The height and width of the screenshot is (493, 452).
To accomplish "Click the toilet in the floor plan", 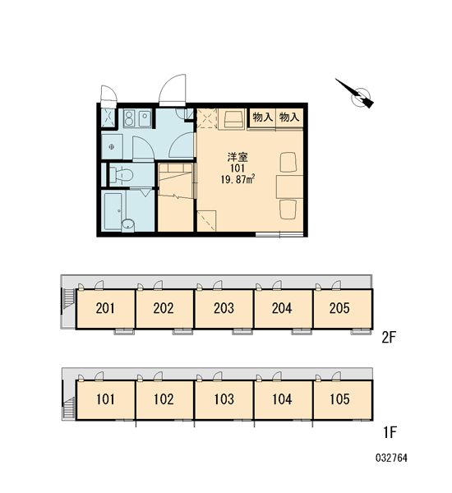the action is [121, 175].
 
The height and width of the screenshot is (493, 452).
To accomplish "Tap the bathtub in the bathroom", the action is [113, 211].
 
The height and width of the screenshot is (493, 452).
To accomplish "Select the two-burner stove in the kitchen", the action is [129, 117].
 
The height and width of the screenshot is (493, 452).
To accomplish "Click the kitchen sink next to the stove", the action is [145, 117].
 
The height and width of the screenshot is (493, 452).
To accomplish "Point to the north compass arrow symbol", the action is [354, 94].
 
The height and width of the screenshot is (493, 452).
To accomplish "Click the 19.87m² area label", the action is [238, 180].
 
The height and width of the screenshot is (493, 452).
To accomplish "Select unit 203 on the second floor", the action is [224, 308].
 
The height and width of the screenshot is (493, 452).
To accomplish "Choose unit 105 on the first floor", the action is [339, 399].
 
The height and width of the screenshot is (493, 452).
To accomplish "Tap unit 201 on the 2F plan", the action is [105, 308].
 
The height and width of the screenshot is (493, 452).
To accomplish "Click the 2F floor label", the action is [388, 338].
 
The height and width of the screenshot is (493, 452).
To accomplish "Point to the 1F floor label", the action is [390, 432].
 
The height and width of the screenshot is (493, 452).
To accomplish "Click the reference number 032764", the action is [391, 458].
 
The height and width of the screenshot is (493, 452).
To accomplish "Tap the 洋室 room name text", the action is [238, 157].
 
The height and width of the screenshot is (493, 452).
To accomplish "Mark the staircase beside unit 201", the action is [69, 302].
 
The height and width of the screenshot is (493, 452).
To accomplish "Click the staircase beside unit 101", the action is [69, 408].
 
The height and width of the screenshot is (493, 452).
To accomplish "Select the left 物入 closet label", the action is [262, 117].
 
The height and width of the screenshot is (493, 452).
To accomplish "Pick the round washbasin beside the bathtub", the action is [128, 223].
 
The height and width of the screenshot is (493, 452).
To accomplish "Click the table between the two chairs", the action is [290, 187].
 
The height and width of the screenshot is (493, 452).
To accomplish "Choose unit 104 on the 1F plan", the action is [282, 399].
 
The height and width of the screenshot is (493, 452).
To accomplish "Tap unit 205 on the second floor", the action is [339, 308].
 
